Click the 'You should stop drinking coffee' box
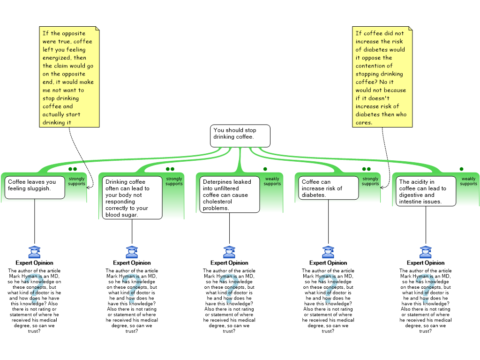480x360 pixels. [x=240, y=135]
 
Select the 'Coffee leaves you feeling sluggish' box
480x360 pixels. [x=35, y=187]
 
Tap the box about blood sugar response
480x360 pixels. [x=132, y=197]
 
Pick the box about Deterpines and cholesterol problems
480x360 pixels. [x=229, y=194]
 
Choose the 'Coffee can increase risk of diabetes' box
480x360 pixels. [x=328, y=187]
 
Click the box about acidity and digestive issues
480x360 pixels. [x=426, y=191]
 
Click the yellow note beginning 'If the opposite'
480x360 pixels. [x=69, y=77]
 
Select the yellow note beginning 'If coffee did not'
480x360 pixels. [x=382, y=77]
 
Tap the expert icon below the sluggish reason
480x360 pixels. [x=34, y=252]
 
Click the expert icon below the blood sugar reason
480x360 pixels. [x=132, y=252]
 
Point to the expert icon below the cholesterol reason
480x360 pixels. [x=229, y=252]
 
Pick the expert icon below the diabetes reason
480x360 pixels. [x=328, y=252]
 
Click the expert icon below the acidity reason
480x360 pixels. [x=426, y=252]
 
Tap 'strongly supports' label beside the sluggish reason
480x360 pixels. [x=76, y=181]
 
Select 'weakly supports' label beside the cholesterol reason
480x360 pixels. [x=272, y=181]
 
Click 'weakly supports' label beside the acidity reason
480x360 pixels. [x=468, y=181]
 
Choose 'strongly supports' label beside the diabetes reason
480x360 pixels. [x=370, y=181]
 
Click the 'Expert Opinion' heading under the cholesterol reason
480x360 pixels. [x=229, y=262]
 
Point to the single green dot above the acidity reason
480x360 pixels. [x=461, y=169]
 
